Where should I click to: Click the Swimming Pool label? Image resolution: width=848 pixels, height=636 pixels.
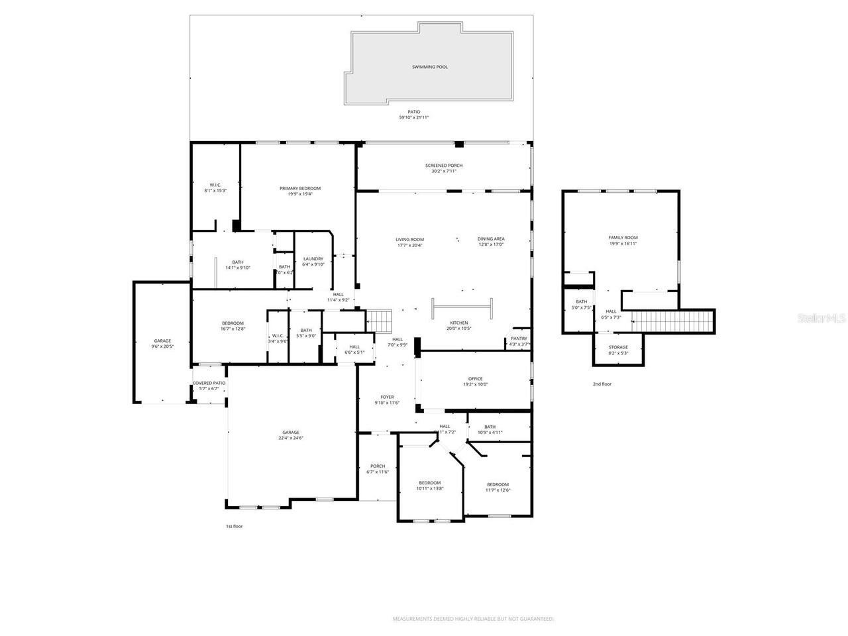[429, 67]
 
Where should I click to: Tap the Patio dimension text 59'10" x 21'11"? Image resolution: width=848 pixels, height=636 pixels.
[414, 117]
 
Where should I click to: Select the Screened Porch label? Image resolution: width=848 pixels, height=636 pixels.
[443, 165]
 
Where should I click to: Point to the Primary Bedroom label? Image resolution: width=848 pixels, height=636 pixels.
[299, 188]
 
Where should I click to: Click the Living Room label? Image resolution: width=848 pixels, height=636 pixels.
[409, 239]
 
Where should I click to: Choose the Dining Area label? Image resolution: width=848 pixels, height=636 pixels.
[491, 239]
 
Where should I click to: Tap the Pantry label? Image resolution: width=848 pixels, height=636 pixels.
[519, 338]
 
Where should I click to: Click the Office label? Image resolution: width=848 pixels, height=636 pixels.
[475, 379]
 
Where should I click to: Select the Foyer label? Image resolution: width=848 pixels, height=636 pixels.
[387, 397]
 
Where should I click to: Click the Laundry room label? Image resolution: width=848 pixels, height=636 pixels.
[313, 258]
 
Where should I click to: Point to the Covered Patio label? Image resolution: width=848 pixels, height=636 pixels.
[209, 383]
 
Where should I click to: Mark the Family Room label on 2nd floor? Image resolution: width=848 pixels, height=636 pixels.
[623, 237]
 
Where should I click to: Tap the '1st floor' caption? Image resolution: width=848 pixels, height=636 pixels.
[235, 526]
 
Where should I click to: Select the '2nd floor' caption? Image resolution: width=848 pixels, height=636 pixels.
[602, 384]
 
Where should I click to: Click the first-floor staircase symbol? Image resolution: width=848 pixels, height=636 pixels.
[380, 321]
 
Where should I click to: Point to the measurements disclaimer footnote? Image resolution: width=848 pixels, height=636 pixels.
[473, 619]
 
